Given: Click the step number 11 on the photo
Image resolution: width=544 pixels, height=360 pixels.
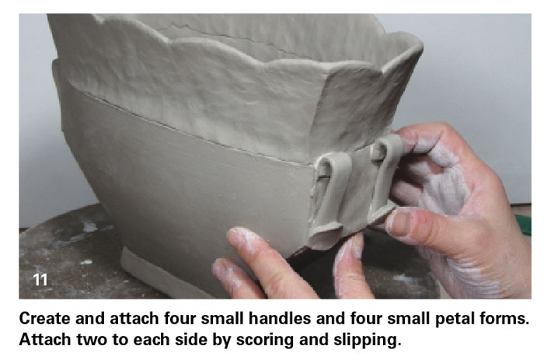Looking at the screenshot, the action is pyautogui.click(x=40, y=279).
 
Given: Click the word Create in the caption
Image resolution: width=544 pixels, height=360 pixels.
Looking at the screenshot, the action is pyautogui.click(x=44, y=318).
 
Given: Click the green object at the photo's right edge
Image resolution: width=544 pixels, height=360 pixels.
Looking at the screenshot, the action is pyautogui.click(x=524, y=225).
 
